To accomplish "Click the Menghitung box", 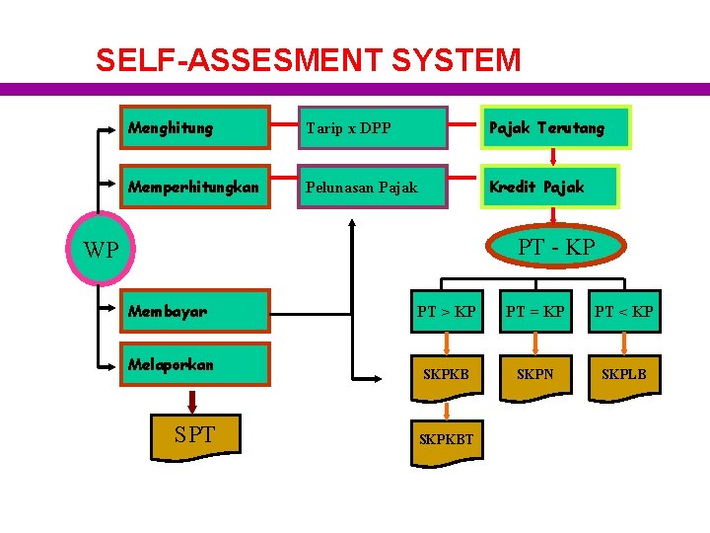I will pos(194,127).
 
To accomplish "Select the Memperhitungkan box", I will pos(194,186).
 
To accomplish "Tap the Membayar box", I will pos(194,311).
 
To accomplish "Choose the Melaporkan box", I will pos(194,364).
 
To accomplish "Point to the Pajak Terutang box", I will pos(554,128).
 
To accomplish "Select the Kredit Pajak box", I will pos(549,187).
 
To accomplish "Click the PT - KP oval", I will pos(557,247).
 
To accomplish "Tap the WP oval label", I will pos(101,249).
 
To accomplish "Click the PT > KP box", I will pos(446,312).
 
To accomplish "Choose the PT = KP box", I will pos(535,312).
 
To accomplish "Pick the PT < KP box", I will pos(623,312).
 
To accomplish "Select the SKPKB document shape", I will pos(446,375).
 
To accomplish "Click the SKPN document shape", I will pos(535,375).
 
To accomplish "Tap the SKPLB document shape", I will pos(623,375).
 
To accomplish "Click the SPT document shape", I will pos(194,431).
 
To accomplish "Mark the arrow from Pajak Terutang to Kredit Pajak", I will pos(552,156).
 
